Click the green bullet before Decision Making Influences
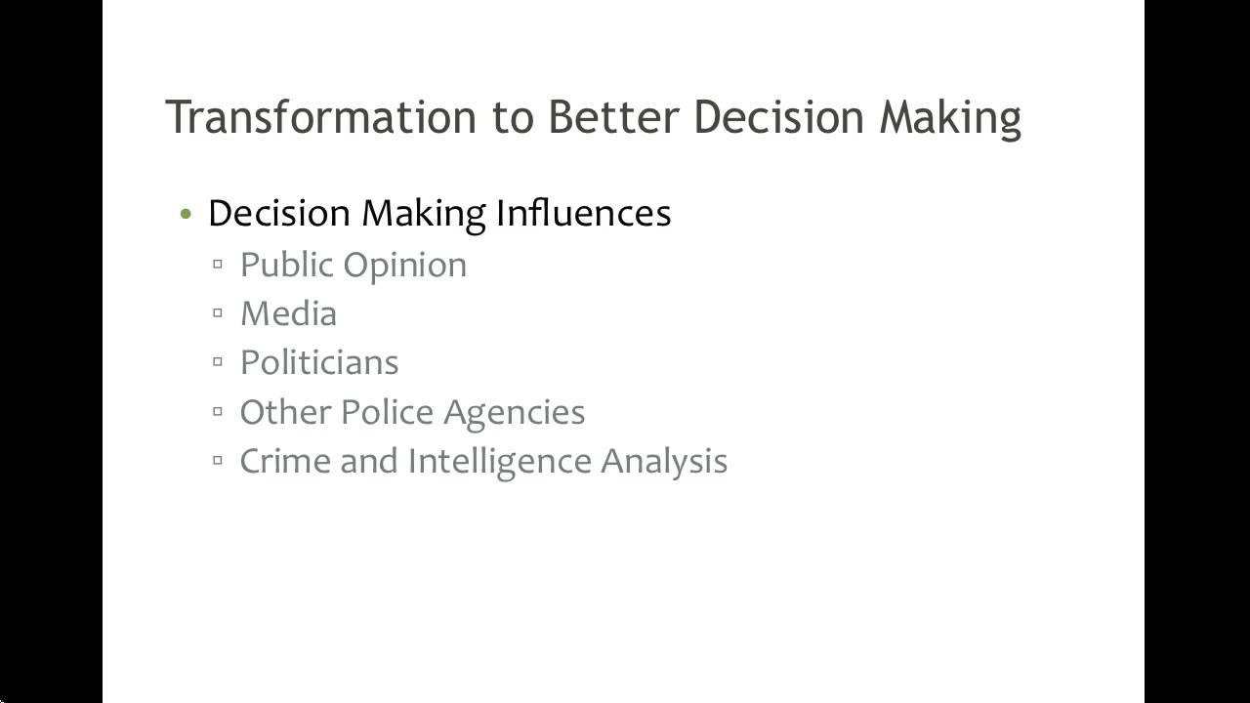point(187,215)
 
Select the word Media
point(288,313)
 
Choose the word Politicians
point(319,362)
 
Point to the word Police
point(387,411)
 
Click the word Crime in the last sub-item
point(284,460)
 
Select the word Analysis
point(664,462)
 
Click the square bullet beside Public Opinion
point(218,265)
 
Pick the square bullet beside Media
point(218,313)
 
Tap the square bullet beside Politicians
point(218,362)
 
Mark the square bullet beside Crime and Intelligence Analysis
point(218,460)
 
